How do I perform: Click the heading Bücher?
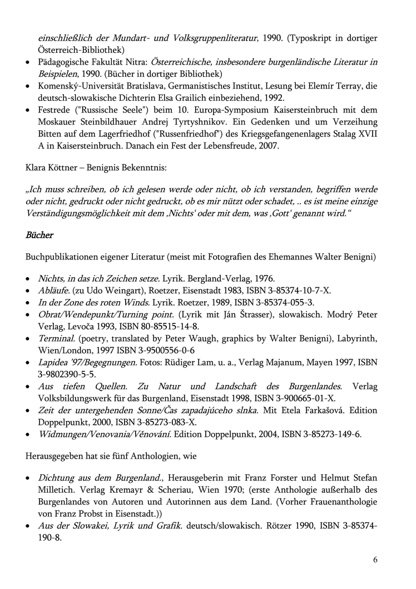(39, 235)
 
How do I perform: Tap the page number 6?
(375, 559)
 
